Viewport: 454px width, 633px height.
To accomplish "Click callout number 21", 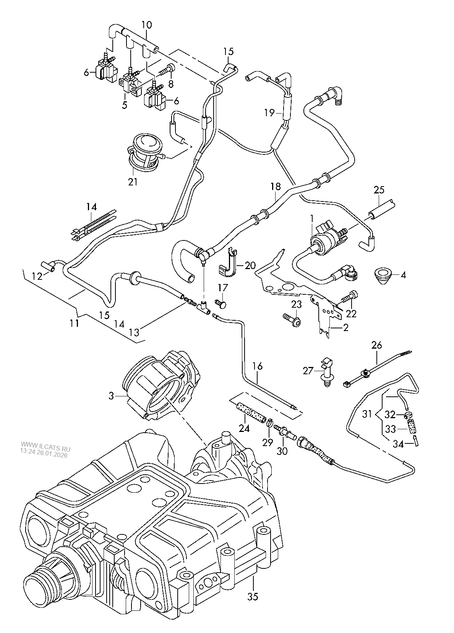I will pos(132,182).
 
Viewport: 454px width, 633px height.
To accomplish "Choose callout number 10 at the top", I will pos(146,25).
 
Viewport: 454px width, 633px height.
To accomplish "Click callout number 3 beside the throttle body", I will pos(111,396).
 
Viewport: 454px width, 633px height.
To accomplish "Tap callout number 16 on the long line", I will pos(258,366).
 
